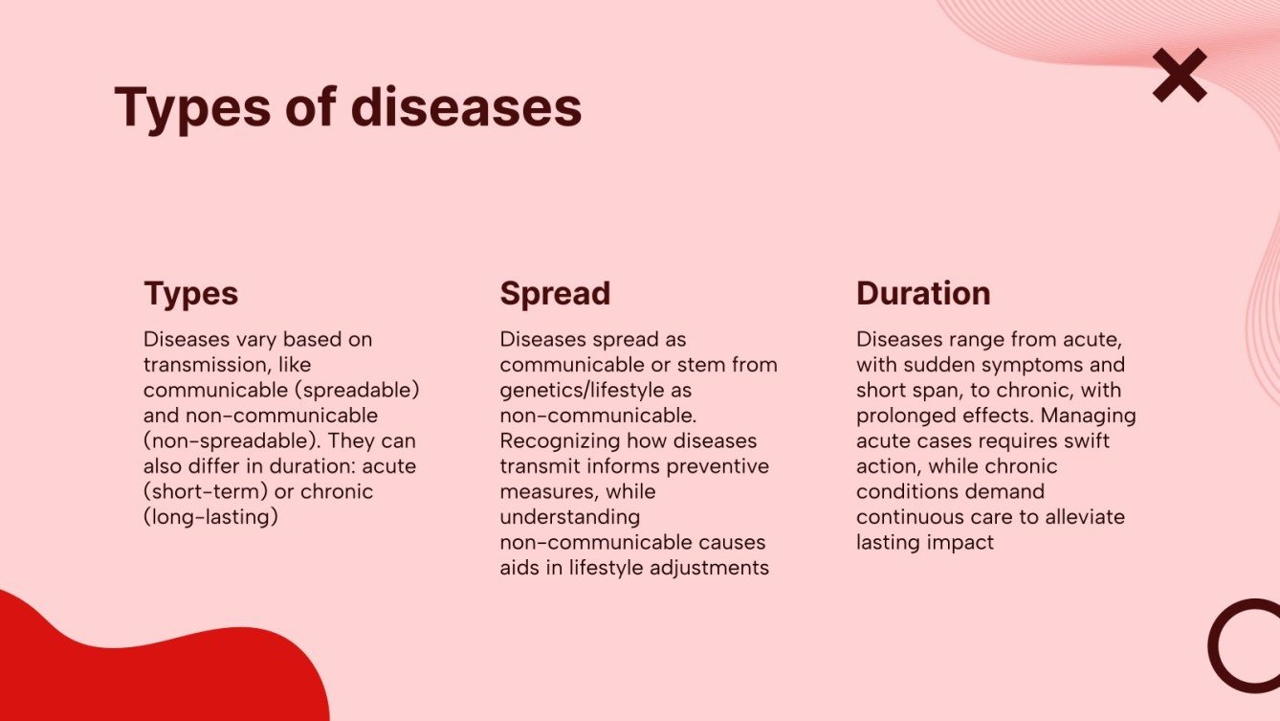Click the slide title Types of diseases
coord(348,107)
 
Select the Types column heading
coord(190,293)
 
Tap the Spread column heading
coord(555,293)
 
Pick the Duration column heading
coord(923,293)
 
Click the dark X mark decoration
coord(1180,76)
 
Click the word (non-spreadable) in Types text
coord(212,441)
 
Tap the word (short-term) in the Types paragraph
coord(203,491)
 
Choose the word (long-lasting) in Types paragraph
coord(210,517)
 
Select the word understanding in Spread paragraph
coord(569,517)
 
